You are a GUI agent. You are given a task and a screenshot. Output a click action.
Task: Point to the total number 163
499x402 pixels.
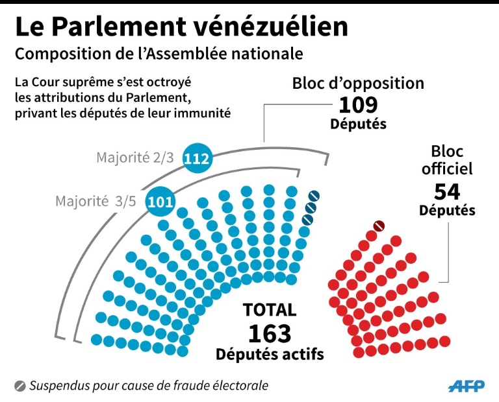[x=269, y=333]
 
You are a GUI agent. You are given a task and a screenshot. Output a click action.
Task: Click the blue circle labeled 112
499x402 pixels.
[x=198, y=158]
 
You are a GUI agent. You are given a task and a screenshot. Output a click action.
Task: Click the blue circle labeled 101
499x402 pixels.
[x=159, y=201]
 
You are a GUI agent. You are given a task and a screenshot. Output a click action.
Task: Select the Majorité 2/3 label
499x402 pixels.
[x=136, y=158]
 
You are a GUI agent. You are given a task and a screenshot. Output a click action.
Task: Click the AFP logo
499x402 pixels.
[x=466, y=386]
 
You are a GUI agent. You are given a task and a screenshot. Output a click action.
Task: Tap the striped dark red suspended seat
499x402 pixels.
[x=379, y=226]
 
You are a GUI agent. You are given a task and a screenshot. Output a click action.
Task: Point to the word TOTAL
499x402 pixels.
[x=269, y=310]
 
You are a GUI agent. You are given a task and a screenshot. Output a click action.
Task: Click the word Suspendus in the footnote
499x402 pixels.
[x=60, y=386]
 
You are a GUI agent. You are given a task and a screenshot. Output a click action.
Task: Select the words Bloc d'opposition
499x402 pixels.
[x=358, y=84]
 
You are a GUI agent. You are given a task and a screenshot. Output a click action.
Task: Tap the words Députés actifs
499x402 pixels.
[x=270, y=354]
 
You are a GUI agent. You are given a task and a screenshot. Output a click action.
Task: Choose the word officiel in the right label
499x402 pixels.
[x=447, y=169]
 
